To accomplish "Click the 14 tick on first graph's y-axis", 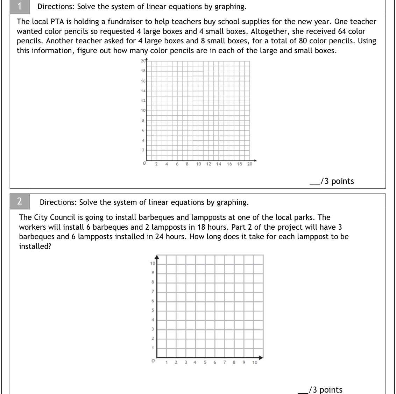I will click(143, 91).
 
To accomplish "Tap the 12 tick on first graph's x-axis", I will click(208, 164).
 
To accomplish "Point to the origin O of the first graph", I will click(144, 163).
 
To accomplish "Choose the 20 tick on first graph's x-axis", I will click(249, 164).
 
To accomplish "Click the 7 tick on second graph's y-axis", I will click(153, 292).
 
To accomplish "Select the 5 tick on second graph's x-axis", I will click(205, 362).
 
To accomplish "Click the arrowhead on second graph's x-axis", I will click(261, 358).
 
